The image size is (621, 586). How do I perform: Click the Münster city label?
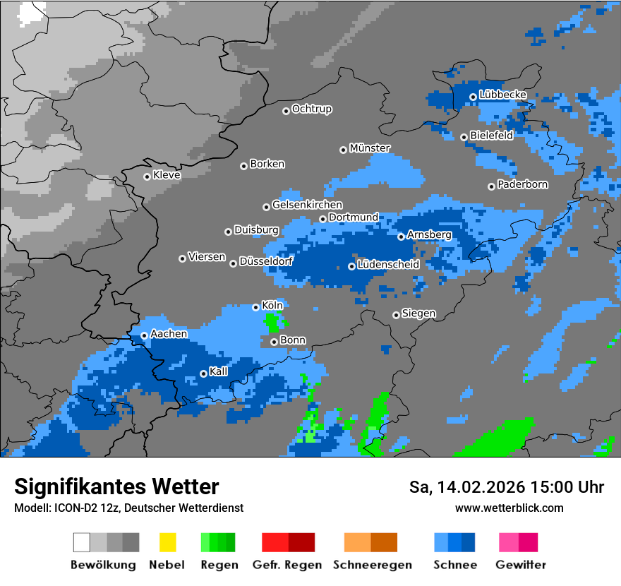click(x=370, y=148)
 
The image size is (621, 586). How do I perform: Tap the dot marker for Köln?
click(x=256, y=307)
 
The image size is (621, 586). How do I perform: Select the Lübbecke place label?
click(x=502, y=95)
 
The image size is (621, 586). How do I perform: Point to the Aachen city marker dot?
click(x=145, y=335)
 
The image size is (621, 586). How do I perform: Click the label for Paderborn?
click(x=522, y=185)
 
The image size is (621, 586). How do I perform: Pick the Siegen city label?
click(x=418, y=313)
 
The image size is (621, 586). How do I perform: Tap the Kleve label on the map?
click(x=167, y=175)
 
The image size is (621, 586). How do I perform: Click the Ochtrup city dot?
click(x=286, y=111)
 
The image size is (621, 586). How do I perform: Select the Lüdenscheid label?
click(x=388, y=265)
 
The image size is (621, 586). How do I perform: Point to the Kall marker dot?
click(x=204, y=373)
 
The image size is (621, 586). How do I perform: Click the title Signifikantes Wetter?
click(x=116, y=486)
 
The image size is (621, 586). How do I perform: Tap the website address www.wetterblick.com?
click(x=509, y=508)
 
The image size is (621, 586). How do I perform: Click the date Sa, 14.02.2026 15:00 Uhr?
click(x=506, y=487)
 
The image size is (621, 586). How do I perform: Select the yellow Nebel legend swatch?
click(x=167, y=542)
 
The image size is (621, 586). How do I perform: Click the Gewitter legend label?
click(x=520, y=565)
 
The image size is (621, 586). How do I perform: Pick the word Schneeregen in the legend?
click(x=370, y=565)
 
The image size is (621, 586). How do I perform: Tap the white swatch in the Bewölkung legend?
click(x=82, y=542)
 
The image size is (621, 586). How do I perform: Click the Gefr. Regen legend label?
click(x=287, y=565)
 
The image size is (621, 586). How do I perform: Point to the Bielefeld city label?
click(x=491, y=136)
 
